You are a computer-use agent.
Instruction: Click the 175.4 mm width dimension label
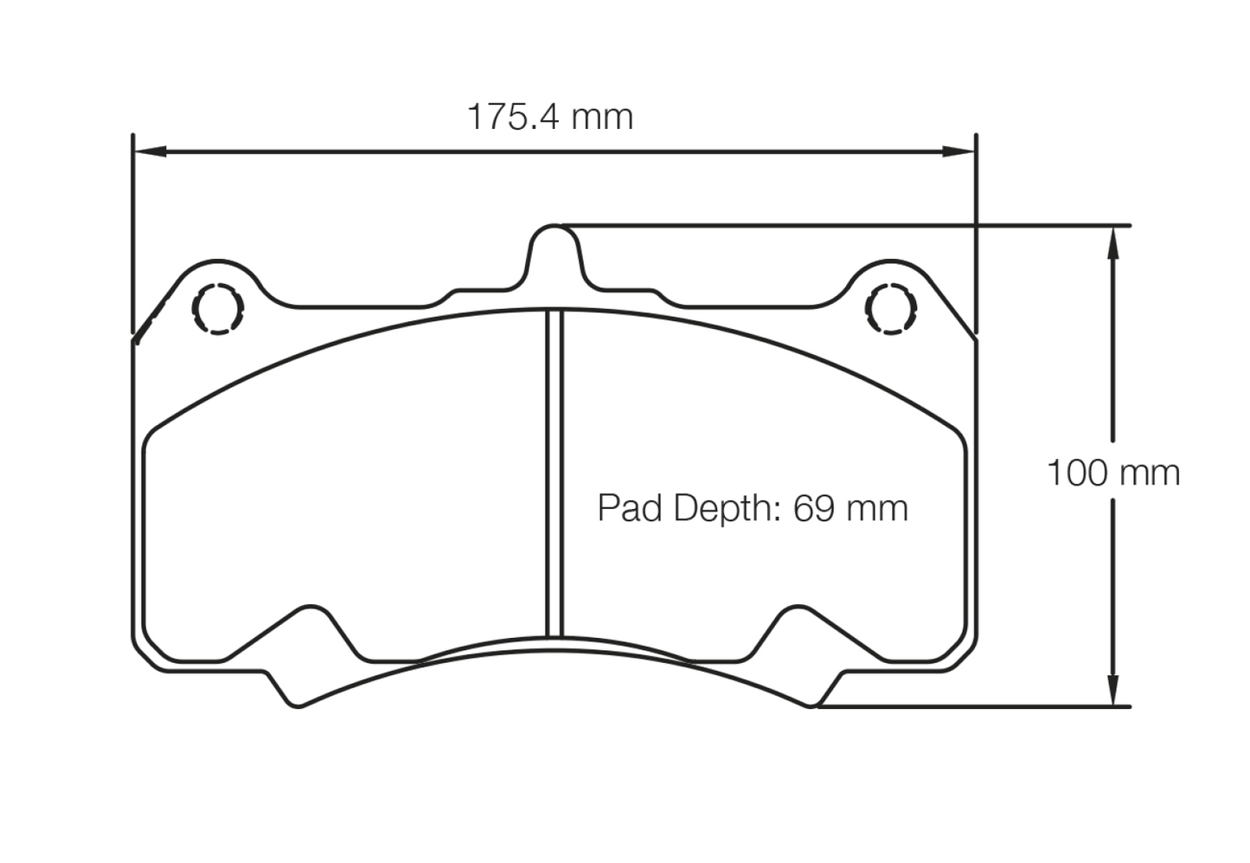point(550,117)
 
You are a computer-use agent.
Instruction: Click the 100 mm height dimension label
point(1112,473)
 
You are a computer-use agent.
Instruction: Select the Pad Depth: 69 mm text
point(753,508)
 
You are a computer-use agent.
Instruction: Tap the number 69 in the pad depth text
point(814,508)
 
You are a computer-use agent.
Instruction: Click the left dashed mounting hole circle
point(218,308)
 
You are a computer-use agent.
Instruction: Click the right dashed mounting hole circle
point(890,308)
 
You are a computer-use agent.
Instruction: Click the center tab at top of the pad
point(554,251)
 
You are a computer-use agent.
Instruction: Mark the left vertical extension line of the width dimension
point(133,234)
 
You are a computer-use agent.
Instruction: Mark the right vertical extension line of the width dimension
point(976,234)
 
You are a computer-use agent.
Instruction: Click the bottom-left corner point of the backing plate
point(298,706)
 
